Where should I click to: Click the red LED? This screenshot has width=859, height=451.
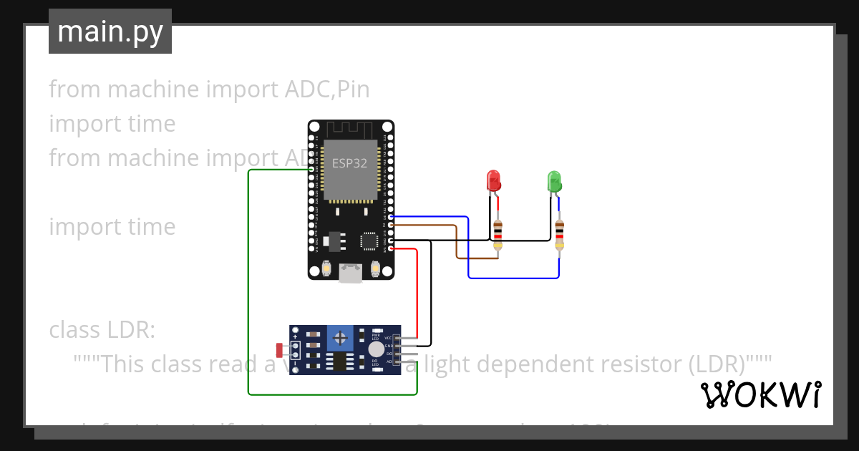[493, 180]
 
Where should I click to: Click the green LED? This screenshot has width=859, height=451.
[554, 180]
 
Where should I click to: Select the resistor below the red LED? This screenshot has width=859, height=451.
[498, 233]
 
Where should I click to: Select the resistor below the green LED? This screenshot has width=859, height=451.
[559, 233]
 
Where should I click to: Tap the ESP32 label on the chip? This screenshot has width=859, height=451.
[349, 163]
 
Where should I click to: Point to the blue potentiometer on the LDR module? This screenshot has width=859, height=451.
[341, 336]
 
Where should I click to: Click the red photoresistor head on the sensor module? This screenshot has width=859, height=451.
[280, 349]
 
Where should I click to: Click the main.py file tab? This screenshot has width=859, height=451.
[110, 31]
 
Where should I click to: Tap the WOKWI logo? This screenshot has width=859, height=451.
[760, 394]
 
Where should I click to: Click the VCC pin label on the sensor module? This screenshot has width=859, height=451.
[389, 338]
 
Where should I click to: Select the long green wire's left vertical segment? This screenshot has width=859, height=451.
[248, 286]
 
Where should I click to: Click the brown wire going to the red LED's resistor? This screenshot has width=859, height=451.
[456, 243]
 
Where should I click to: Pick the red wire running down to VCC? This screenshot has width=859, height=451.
[417, 294]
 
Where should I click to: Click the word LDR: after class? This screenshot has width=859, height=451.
[132, 330]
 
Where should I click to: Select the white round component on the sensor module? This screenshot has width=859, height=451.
[376, 349]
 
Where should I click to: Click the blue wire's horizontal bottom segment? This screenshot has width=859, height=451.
[513, 277]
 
